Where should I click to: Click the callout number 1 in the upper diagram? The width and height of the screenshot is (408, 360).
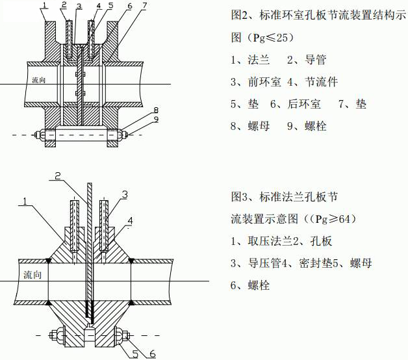click(44, 6)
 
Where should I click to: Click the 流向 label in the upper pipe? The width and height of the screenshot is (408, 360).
click(40, 80)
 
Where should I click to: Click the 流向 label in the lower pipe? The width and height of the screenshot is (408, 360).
click(31, 274)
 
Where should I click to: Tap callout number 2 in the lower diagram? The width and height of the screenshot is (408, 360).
click(58, 175)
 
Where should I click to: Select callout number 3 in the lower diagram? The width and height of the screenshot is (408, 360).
click(124, 194)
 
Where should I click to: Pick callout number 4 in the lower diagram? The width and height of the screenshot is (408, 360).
click(130, 222)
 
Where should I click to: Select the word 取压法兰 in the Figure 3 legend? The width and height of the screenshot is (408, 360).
click(268, 241)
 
